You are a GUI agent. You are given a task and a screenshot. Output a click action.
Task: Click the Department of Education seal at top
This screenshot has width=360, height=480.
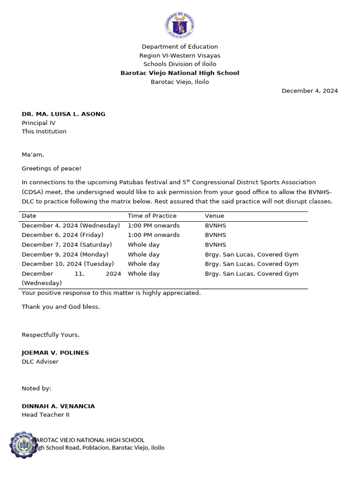click(180, 25)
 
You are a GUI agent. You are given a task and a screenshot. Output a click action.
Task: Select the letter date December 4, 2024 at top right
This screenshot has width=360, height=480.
click(309, 91)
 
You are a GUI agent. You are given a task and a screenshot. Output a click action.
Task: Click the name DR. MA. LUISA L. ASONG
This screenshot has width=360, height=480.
click(63, 114)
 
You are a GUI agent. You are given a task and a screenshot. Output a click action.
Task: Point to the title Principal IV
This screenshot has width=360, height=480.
click(38, 123)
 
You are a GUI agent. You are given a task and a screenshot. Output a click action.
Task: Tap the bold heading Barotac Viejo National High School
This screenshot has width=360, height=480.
click(180, 73)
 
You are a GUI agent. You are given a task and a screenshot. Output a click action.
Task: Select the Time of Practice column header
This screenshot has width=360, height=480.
click(152, 216)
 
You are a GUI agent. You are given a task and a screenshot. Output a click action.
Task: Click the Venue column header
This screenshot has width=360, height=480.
click(214, 216)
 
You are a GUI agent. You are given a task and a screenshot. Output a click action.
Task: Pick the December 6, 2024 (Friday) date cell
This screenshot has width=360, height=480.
click(62, 235)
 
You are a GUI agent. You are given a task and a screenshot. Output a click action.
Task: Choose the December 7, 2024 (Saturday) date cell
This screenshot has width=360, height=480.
click(67, 245)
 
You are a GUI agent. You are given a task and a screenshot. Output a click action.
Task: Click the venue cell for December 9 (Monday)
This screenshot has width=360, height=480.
click(251, 255)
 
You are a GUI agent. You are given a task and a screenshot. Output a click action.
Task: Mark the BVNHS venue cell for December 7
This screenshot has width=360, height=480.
click(215, 245)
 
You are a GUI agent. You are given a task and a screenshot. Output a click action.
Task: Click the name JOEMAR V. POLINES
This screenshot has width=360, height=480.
click(55, 352)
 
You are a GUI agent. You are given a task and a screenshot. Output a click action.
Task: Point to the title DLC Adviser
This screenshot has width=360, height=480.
click(40, 361)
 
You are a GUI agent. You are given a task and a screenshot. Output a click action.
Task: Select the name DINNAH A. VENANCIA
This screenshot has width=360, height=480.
click(58, 406)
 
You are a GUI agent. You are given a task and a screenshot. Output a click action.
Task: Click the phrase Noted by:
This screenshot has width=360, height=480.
click(37, 388)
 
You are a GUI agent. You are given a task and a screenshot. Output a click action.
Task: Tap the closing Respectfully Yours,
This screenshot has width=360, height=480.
click(51, 335)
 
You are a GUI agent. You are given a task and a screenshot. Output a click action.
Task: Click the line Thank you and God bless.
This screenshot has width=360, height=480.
click(60, 307)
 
